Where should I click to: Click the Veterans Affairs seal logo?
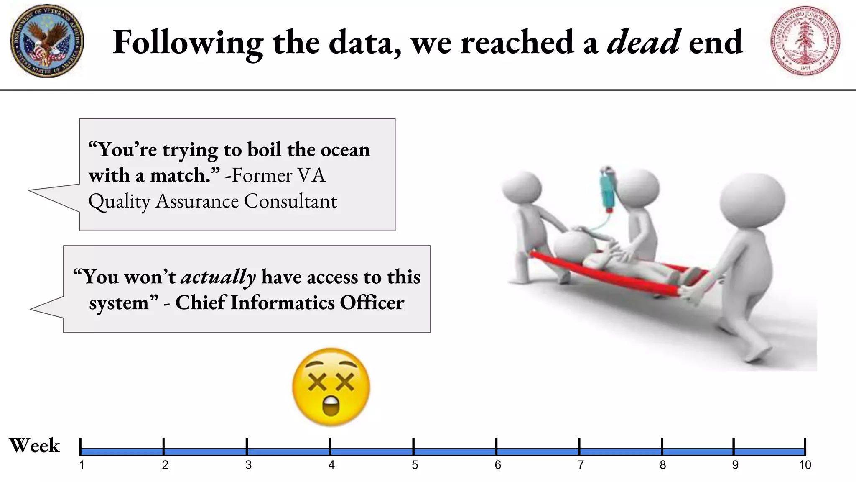(46, 41)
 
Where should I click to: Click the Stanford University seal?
(805, 41)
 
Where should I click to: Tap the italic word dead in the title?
(644, 42)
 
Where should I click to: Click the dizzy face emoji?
(331, 387)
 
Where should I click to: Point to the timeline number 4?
(331, 465)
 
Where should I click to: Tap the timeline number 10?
(805, 465)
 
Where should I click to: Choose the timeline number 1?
(82, 465)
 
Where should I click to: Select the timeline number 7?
(581, 465)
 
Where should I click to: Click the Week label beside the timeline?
(34, 446)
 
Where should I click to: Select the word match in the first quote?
(180, 176)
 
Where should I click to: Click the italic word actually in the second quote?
(218, 277)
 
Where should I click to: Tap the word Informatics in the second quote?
(283, 303)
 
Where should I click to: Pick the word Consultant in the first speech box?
(290, 201)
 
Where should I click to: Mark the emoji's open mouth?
(331, 406)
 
